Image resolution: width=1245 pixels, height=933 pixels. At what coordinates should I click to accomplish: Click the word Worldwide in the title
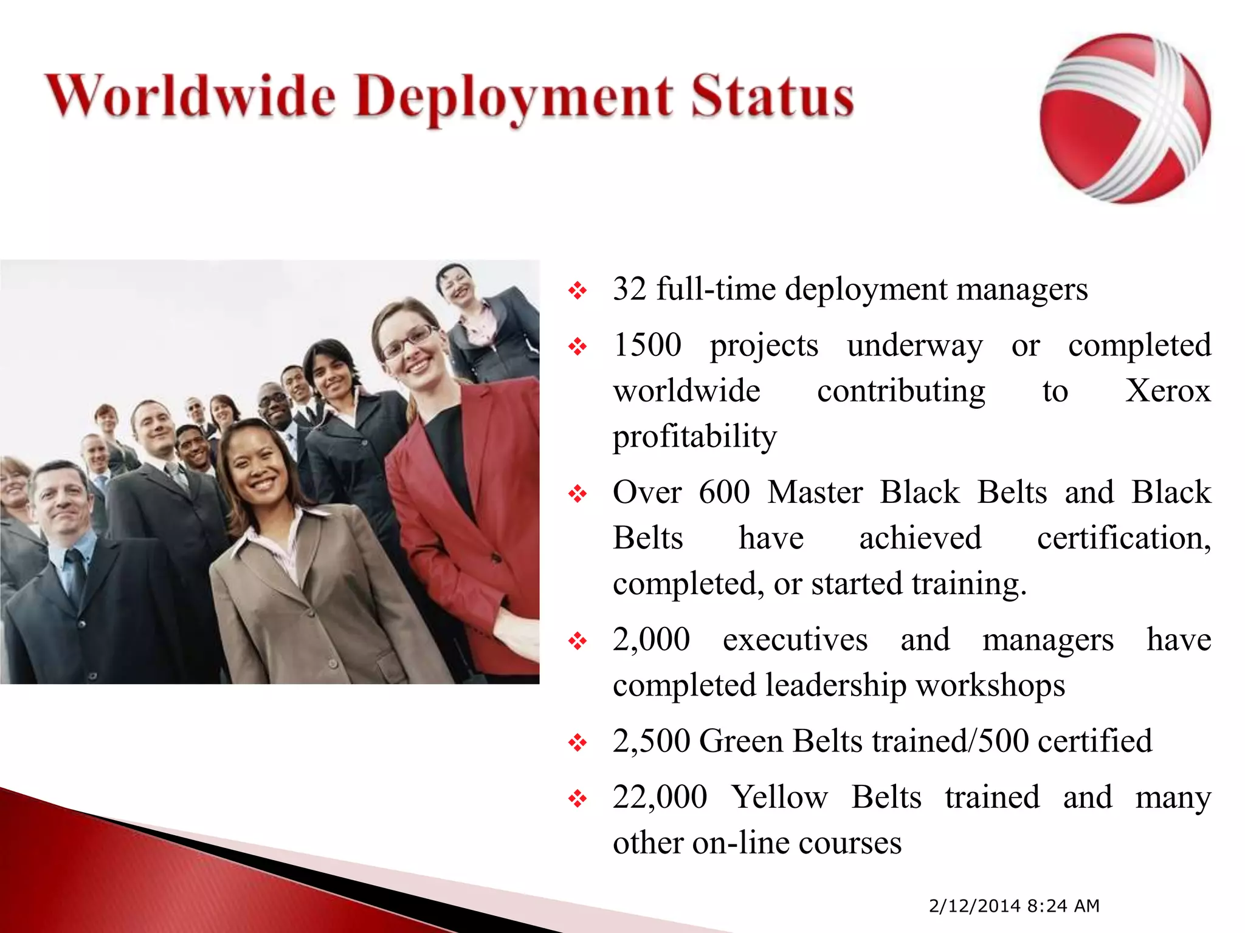point(190,96)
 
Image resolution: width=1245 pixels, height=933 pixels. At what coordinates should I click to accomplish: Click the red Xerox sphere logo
point(1125,118)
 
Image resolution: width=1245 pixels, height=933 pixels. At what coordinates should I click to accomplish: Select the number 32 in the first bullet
point(629,289)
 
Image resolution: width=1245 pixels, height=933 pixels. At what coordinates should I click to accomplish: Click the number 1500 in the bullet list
point(647,345)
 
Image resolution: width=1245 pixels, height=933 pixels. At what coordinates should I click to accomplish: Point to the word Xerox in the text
point(1167,391)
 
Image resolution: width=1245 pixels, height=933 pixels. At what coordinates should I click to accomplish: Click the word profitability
point(694,437)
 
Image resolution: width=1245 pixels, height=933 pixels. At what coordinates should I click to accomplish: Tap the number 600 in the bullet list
point(724,492)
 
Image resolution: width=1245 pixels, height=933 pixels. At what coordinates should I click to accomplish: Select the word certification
point(1123,538)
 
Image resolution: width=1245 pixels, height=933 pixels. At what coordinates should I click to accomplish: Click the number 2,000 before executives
point(651,640)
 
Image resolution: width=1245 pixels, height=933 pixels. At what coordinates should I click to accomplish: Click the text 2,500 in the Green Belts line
point(651,741)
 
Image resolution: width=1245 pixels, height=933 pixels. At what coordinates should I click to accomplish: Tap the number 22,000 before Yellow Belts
point(660,797)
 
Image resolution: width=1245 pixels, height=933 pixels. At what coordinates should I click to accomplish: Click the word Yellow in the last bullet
point(779,797)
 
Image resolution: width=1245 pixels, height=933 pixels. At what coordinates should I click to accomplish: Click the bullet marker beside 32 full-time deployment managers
point(577,290)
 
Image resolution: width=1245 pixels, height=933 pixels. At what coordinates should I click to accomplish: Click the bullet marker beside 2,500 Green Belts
point(577,742)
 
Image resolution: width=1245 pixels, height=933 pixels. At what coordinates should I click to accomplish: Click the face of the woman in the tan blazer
point(255,465)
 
